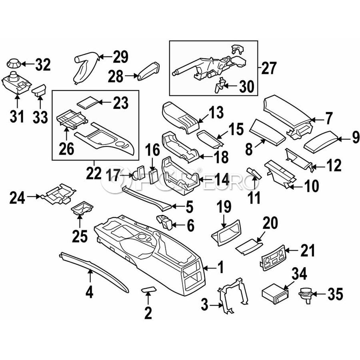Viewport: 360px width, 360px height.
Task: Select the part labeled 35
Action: (x=305, y=295)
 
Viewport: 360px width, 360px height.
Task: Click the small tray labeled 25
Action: (x=82, y=209)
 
